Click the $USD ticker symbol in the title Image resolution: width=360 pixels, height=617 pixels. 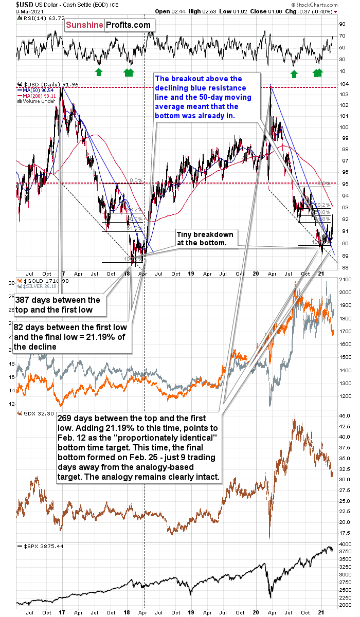(x=12, y=4)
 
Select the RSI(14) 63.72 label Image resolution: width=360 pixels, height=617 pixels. (x=37, y=19)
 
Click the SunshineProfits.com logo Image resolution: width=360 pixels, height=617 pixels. (x=111, y=25)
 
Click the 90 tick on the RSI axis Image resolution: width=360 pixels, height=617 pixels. (x=341, y=24)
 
